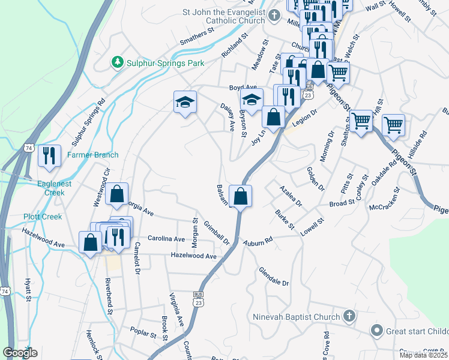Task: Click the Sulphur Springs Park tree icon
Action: pos(117,62)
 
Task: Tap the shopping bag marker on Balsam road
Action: pos(240,196)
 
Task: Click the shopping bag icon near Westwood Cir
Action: pos(117,194)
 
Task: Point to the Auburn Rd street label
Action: pos(259,241)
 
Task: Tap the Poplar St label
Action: pos(143,330)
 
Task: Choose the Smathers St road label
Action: pos(197,37)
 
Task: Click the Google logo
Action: pos(20,353)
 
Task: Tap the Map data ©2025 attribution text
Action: pos(423,355)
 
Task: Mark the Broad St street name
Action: pos(343,204)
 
